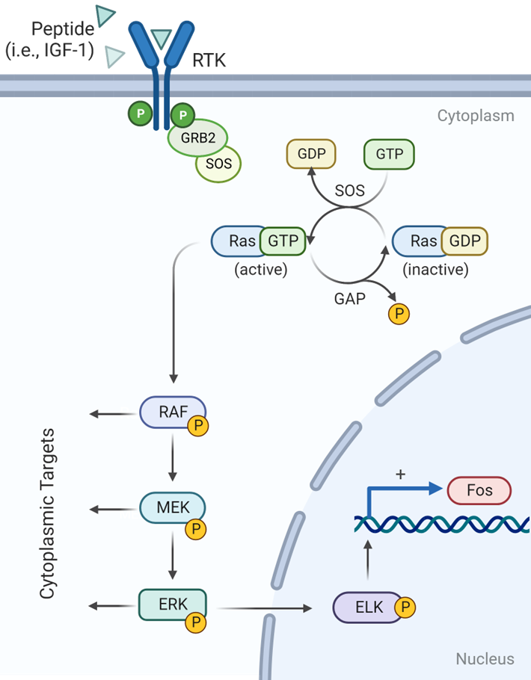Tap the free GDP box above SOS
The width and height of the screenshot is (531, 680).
coord(311,155)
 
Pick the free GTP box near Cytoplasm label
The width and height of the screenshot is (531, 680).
coord(389,155)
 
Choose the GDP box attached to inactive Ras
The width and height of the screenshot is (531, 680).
coord(464,241)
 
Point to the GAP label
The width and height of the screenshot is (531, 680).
coord(350,299)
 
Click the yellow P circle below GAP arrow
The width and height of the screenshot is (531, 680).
coord(399,314)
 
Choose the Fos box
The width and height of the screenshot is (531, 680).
coord(479,491)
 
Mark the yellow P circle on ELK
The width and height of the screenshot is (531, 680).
coord(405,608)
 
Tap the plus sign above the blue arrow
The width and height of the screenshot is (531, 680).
coord(400,475)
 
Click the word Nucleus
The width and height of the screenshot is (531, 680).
coord(485,658)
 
